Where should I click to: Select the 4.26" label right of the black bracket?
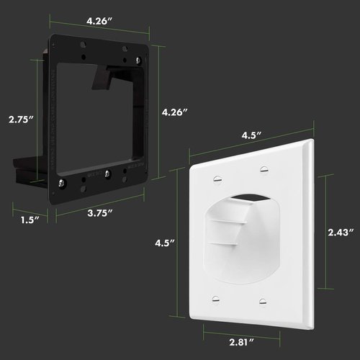pyautogui.click(x=175, y=112)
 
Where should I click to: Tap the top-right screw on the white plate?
pyautogui.click(x=263, y=169)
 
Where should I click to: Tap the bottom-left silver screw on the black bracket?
pyautogui.click(x=65, y=183)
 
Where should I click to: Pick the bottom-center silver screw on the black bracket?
pyautogui.click(x=107, y=173)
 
